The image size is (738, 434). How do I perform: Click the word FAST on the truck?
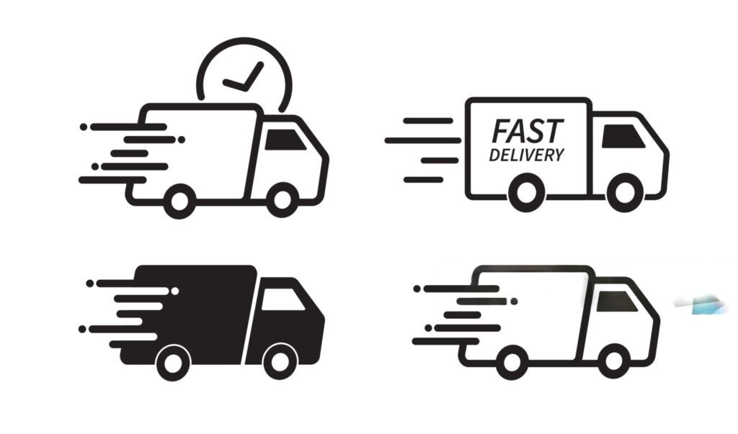click(527, 132)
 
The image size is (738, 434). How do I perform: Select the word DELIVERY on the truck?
click(527, 154)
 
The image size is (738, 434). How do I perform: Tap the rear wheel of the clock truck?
click(179, 201)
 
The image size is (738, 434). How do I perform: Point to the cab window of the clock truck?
click(285, 140)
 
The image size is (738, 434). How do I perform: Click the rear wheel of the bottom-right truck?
click(512, 360)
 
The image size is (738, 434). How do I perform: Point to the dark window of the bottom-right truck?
click(616, 302)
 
